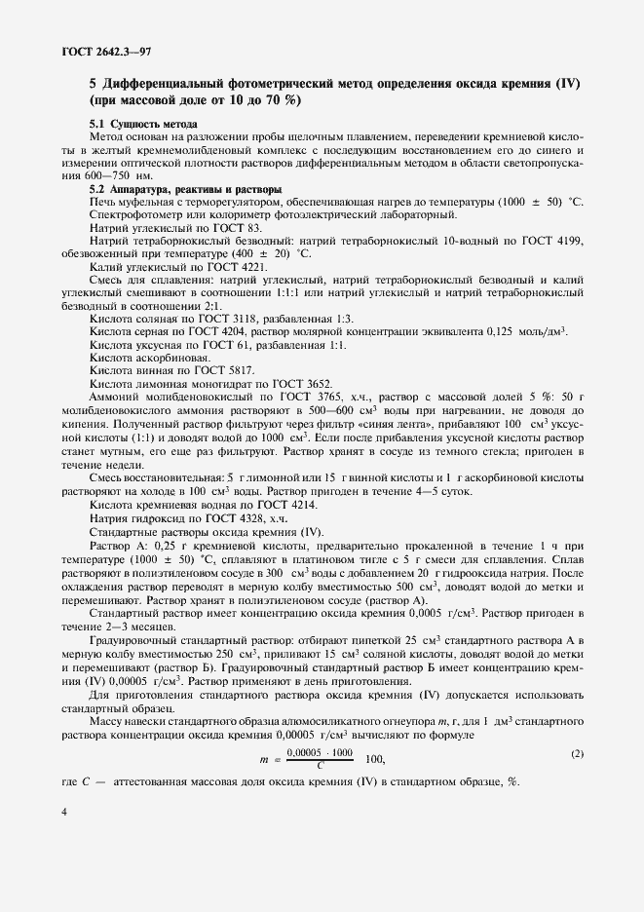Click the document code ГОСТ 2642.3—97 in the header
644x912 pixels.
[x=75, y=50]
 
